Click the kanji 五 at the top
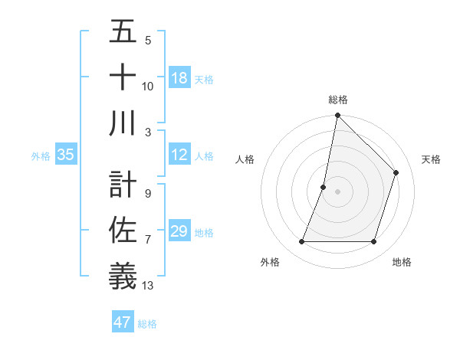123,33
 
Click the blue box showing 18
179,78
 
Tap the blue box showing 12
179,155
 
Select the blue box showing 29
179,231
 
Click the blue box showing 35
66,155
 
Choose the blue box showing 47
123,322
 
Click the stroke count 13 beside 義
148,286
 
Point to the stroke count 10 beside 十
148,87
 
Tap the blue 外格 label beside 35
41,156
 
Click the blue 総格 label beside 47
147,323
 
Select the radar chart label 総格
337,100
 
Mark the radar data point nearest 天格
396,172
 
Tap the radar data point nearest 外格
301,242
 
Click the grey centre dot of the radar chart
337,191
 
